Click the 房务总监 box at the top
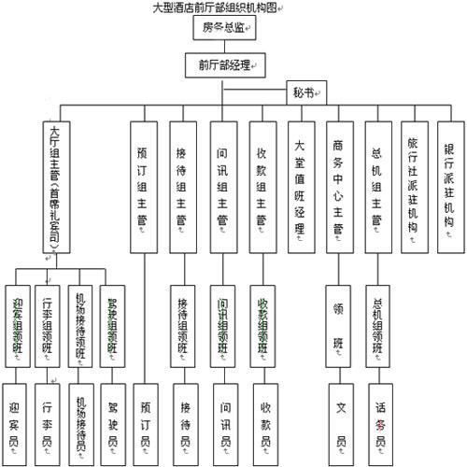[x=226, y=28]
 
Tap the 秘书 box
[x=301, y=93]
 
